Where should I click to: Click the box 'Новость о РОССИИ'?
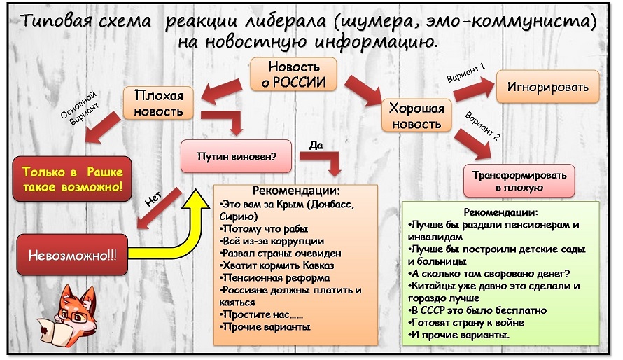[x=293, y=74]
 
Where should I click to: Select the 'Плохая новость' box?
[x=158, y=103]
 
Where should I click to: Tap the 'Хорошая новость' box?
[x=416, y=116]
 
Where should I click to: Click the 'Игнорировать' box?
[x=547, y=87]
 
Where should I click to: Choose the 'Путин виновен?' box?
[x=236, y=156]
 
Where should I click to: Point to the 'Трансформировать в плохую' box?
[x=519, y=181]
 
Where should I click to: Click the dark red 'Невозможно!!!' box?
[x=72, y=255]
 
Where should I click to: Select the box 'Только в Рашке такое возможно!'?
[x=72, y=179]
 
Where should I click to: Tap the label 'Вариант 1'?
[x=465, y=72]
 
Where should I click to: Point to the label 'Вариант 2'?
[x=482, y=126]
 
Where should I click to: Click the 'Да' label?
[x=316, y=145]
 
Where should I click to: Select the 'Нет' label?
[x=153, y=199]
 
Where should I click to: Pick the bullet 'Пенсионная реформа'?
[x=274, y=277]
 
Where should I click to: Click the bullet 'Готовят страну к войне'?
[x=466, y=322]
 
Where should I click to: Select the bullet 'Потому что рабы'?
[x=264, y=228]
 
